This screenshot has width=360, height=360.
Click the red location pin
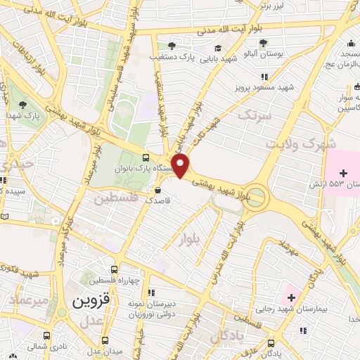[x=181, y=166]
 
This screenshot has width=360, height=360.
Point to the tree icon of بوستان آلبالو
[x=263, y=43]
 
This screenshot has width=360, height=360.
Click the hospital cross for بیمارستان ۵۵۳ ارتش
[x=344, y=173]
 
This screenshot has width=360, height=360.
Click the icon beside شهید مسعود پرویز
[x=264, y=77]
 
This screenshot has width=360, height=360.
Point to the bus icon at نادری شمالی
[x=47, y=336]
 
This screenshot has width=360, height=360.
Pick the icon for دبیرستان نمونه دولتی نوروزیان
[x=150, y=292]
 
